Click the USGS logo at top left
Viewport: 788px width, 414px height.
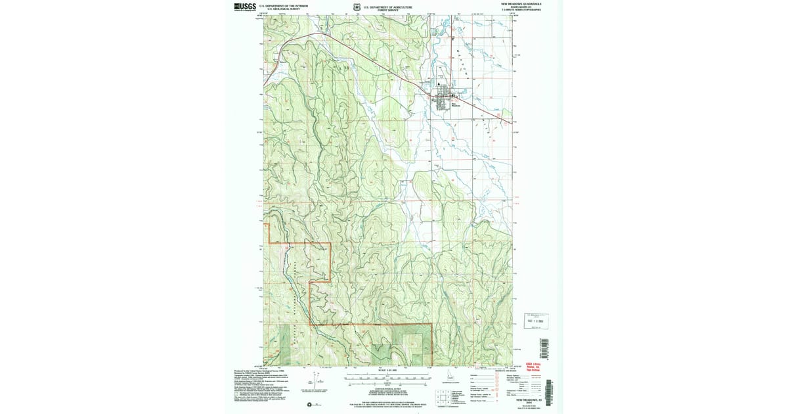click(x=244, y=7)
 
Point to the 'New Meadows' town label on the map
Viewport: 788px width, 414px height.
click(x=456, y=103)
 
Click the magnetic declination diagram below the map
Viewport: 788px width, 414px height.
click(x=309, y=384)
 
